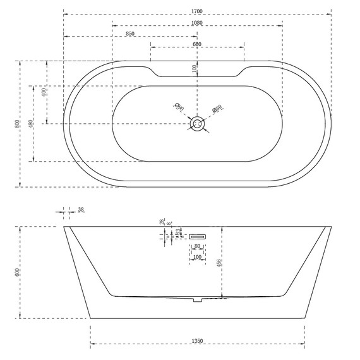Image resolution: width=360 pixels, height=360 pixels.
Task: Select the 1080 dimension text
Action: click(x=198, y=21)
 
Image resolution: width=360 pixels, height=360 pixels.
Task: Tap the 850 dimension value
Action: click(x=130, y=33)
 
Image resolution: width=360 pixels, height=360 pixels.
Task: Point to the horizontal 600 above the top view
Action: click(x=197, y=44)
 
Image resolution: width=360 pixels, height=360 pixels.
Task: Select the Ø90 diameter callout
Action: click(x=179, y=108)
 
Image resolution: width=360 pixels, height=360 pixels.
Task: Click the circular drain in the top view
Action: click(x=198, y=123)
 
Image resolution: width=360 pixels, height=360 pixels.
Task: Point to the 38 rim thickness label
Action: click(x=80, y=209)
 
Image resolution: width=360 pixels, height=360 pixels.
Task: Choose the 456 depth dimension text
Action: click(x=219, y=262)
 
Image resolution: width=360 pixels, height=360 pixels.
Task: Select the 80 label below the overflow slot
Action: click(x=196, y=246)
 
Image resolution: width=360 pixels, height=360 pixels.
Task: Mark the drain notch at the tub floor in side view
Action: click(x=196, y=299)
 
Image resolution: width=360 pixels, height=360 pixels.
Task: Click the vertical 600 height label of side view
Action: click(x=18, y=272)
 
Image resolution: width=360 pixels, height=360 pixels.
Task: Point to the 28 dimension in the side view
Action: click(x=162, y=222)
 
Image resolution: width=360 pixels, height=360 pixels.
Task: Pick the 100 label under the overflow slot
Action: click(x=196, y=257)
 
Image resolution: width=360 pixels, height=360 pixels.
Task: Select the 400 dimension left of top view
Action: click(x=44, y=92)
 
